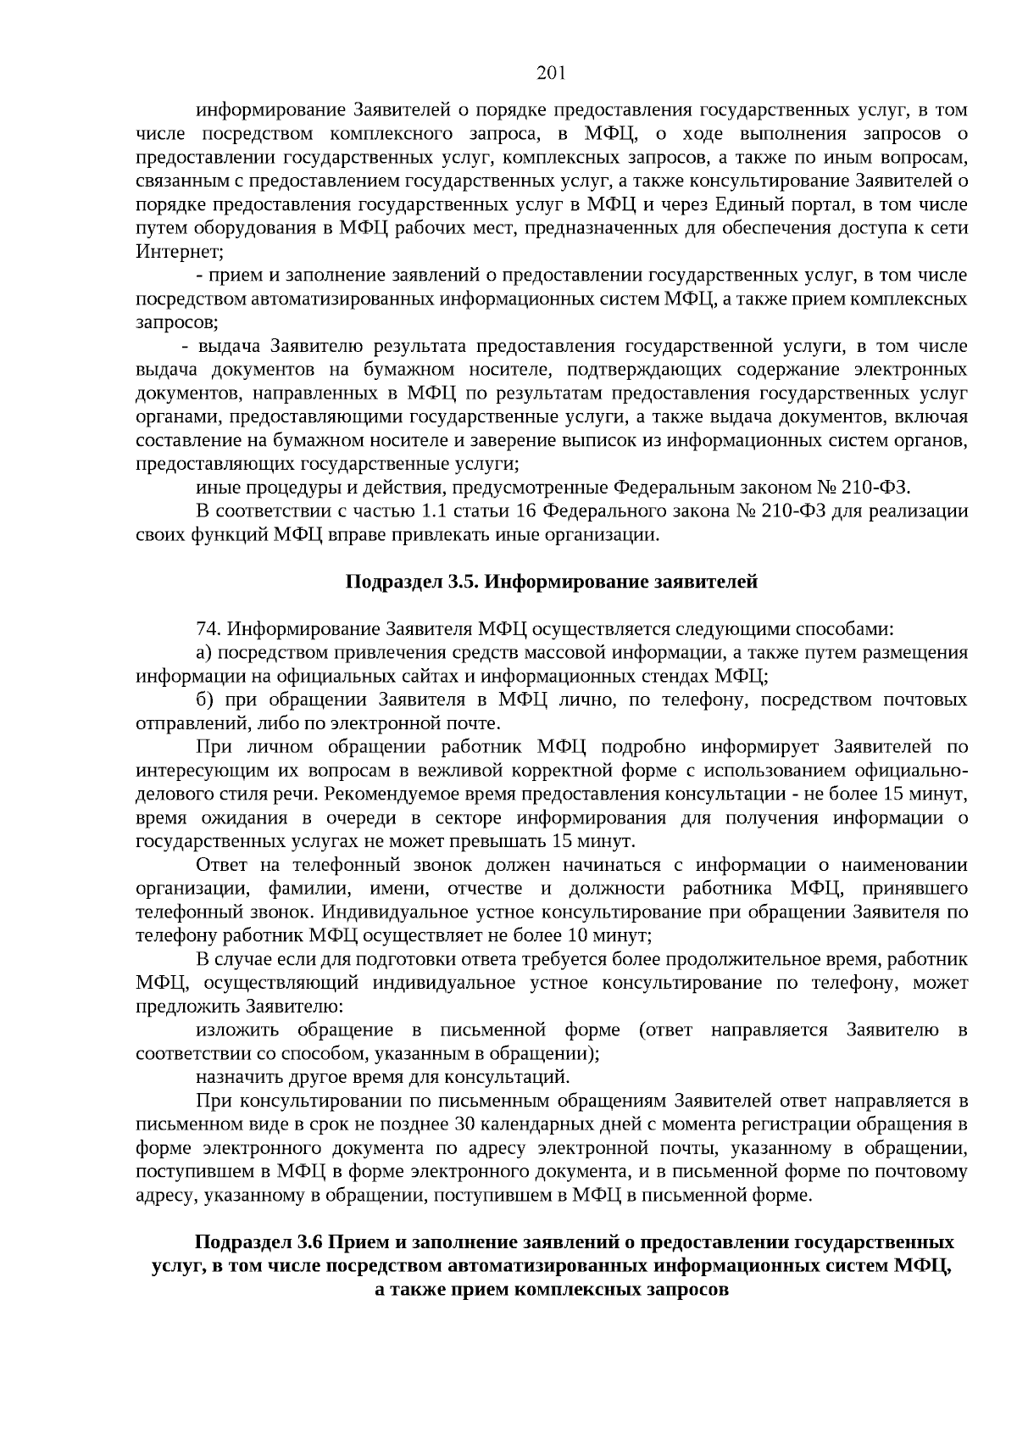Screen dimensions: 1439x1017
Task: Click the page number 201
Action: click(x=551, y=73)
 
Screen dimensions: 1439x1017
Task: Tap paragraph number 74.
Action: click(x=209, y=629)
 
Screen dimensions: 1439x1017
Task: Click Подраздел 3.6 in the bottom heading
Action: click(x=259, y=1243)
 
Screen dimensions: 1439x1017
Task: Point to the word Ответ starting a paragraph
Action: click(x=221, y=865)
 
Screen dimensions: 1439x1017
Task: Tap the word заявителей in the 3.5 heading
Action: click(x=704, y=582)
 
